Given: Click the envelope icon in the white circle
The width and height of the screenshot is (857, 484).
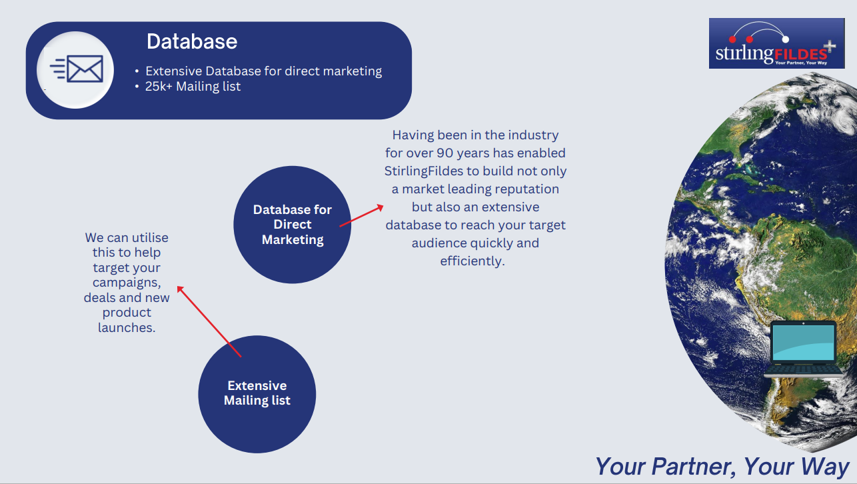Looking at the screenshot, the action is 77,69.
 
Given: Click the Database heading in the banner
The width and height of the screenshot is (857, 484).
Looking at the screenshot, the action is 192,41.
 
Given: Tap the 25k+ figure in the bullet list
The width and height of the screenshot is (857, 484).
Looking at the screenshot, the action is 159,87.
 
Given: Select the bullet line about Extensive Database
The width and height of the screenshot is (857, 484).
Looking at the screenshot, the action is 263,71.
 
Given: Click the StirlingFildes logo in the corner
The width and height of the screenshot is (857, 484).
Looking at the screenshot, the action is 776,43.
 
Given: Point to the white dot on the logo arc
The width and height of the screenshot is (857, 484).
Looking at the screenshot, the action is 786,39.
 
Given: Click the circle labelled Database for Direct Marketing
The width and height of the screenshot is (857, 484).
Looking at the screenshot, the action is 293,225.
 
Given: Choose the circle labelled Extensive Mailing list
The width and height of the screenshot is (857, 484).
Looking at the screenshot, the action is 257,394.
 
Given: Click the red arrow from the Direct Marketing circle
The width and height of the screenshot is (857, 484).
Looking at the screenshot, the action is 362,216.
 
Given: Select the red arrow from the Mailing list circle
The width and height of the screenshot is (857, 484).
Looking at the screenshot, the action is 209,321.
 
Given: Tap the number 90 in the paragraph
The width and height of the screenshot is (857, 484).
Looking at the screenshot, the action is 445,153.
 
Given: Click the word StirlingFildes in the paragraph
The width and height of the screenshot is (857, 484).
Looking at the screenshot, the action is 424,171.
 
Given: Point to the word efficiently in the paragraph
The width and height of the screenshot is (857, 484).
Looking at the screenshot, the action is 472,261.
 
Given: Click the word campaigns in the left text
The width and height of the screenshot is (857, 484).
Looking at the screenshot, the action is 127,283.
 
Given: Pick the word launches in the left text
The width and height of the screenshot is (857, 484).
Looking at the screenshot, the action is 127,327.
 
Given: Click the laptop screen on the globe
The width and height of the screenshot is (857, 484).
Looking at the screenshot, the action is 803,343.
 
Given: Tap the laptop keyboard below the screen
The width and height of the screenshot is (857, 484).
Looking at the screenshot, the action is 803,370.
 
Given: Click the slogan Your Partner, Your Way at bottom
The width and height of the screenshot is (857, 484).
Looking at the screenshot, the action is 722,467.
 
